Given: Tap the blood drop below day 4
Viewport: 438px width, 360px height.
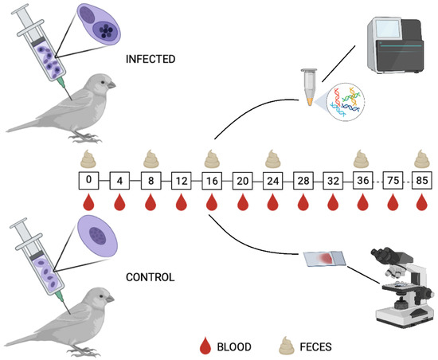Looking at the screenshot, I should [119, 203].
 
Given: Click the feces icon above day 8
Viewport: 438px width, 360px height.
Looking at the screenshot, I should [150, 158].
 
